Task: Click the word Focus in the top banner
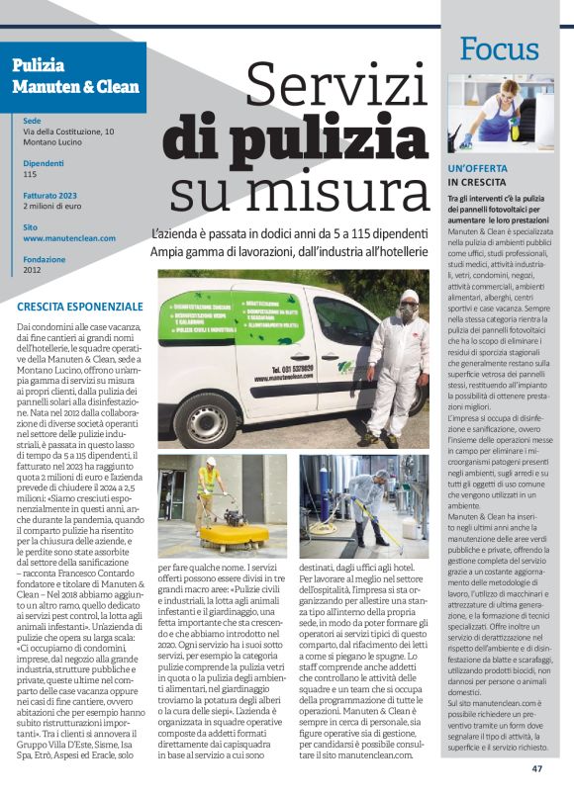(499, 47)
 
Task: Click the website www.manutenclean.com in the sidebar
(68, 238)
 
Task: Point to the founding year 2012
(32, 269)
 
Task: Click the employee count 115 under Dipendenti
(30, 174)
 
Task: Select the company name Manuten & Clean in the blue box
(75, 87)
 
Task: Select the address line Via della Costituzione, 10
(68, 132)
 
